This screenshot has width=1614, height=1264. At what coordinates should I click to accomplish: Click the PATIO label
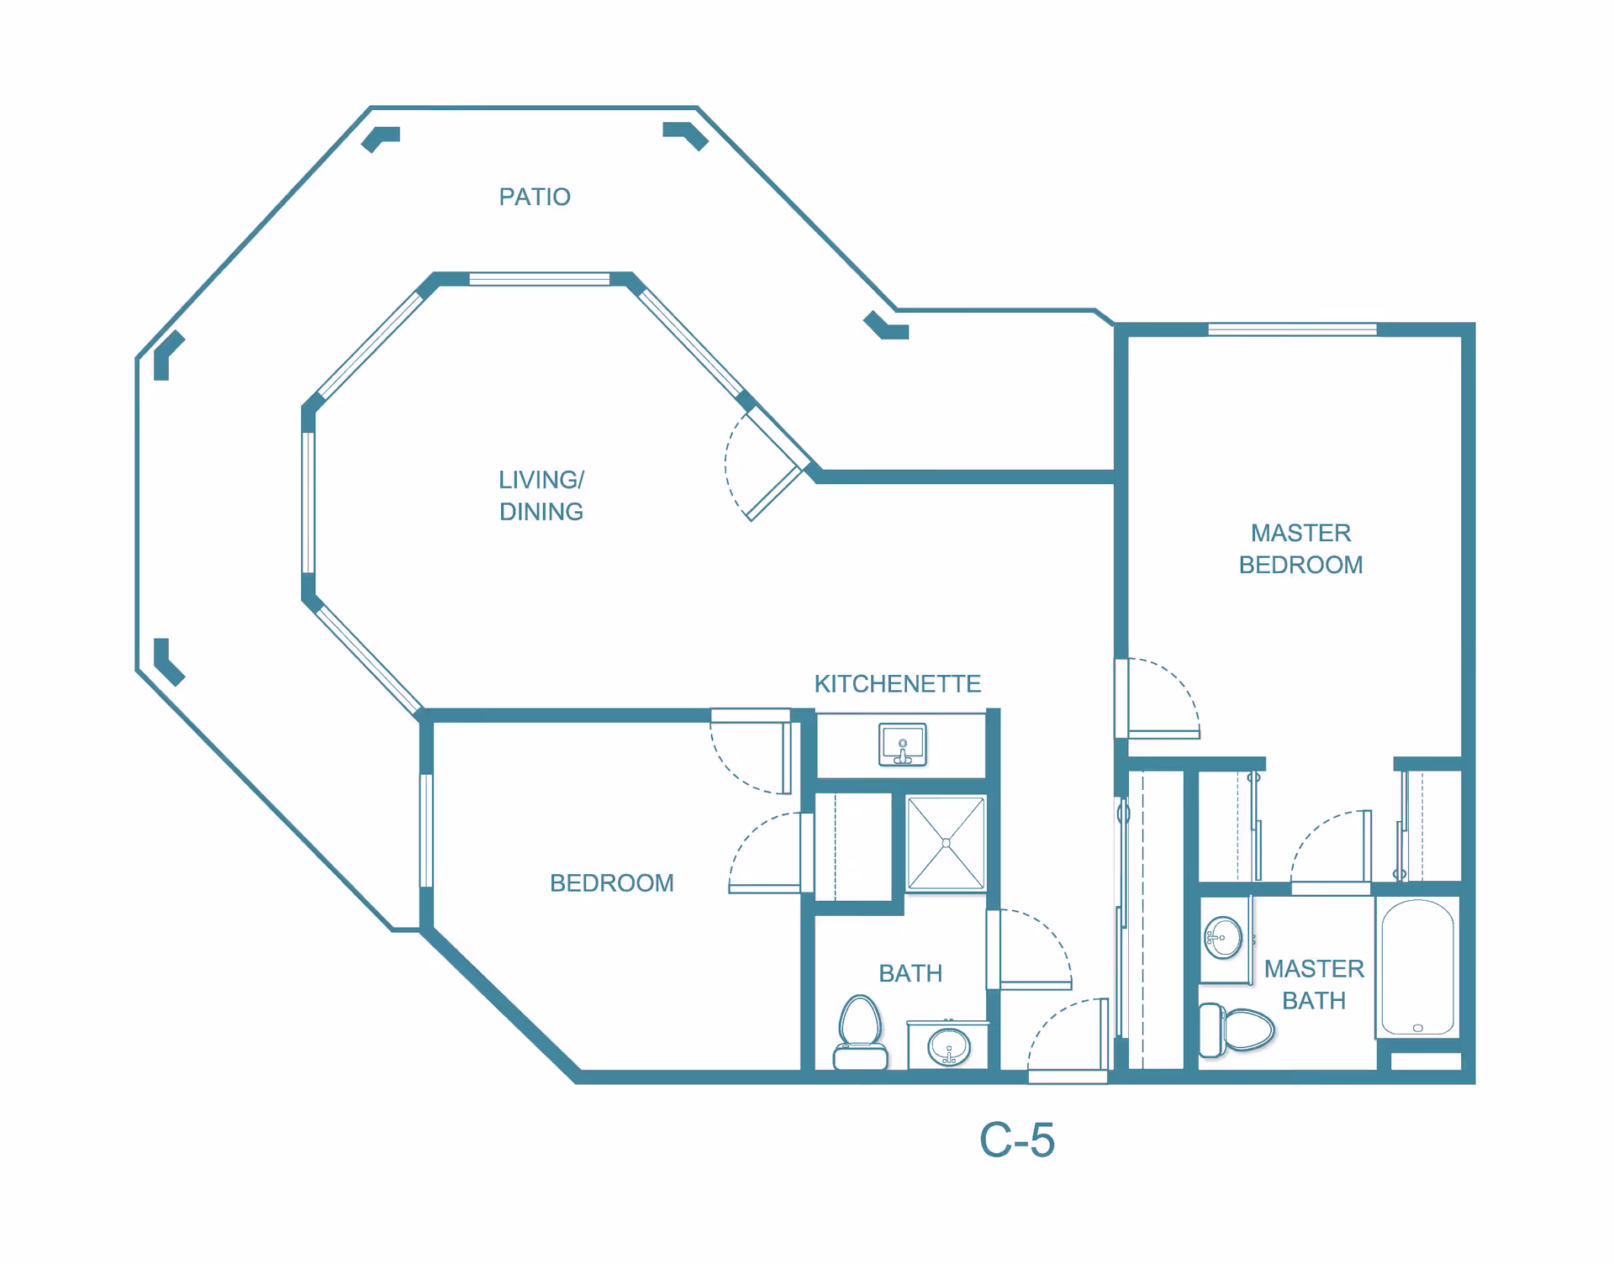(535, 197)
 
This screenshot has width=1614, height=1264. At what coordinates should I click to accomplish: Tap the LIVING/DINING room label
(541, 495)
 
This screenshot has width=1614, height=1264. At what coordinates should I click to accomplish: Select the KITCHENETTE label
(897, 683)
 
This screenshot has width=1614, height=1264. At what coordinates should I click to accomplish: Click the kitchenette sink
(902, 745)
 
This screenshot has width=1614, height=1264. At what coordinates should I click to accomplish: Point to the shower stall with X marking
(946, 843)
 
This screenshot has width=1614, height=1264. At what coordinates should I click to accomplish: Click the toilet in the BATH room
(860, 1034)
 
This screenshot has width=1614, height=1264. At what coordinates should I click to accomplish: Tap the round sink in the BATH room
(948, 1047)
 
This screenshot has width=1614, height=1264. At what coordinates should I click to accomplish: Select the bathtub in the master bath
(1417, 966)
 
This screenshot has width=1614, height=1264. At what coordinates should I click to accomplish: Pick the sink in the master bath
(1222, 938)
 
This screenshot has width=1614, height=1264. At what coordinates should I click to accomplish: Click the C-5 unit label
(1016, 1140)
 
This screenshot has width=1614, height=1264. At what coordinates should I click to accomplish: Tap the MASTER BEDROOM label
(1300, 549)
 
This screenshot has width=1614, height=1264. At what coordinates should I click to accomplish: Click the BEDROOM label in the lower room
(611, 883)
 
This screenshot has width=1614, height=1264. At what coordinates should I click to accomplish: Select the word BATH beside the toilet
(910, 973)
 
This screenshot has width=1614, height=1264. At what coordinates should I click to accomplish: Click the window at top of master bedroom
(1292, 329)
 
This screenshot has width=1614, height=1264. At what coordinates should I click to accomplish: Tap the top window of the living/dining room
(539, 279)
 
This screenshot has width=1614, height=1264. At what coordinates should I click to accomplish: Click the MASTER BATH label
(1314, 984)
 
